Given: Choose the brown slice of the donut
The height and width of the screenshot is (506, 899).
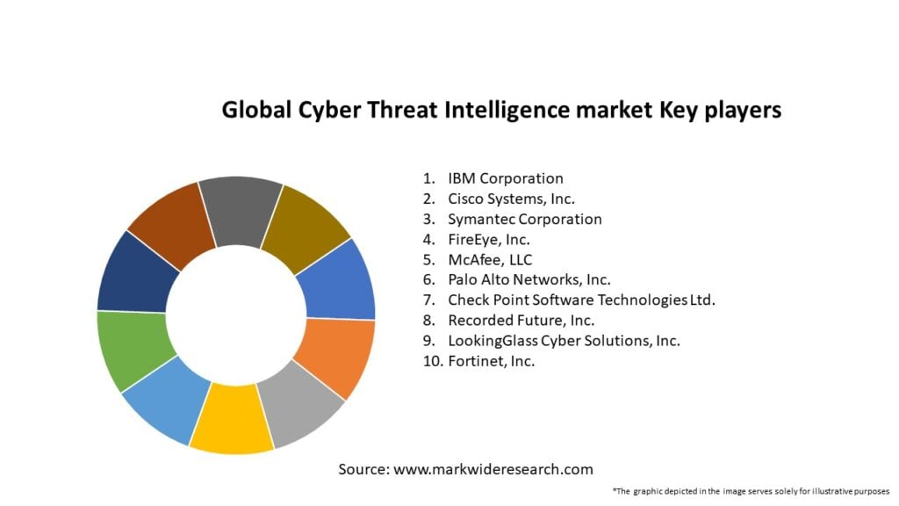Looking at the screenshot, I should pyautogui.click(x=178, y=225).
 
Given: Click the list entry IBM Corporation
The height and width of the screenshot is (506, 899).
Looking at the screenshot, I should pyautogui.click(x=505, y=179).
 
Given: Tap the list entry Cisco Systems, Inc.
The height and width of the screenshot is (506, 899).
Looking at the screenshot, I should pyautogui.click(x=511, y=199).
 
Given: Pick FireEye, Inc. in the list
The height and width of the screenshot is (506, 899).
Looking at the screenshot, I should pyautogui.click(x=488, y=239).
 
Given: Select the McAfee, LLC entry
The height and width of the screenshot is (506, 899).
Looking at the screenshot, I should pyautogui.click(x=490, y=259).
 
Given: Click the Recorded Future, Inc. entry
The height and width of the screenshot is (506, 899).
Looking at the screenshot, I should pyautogui.click(x=521, y=320).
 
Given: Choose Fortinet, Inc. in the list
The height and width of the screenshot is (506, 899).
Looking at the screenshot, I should pyautogui.click(x=491, y=360).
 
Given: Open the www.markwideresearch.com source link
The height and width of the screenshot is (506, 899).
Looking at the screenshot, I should pyautogui.click(x=493, y=470).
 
